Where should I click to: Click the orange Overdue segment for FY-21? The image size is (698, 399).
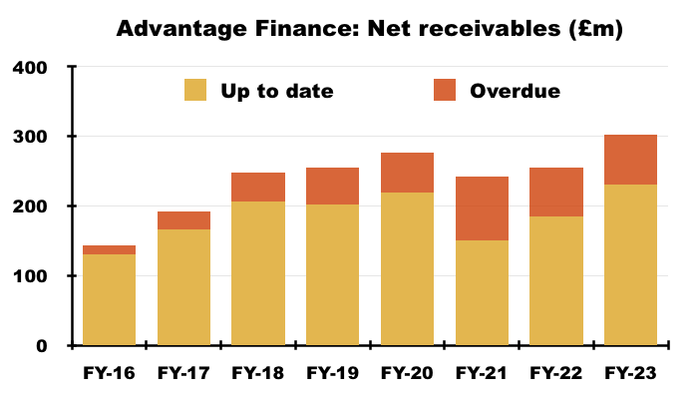482,208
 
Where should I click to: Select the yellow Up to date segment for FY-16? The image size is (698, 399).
109,299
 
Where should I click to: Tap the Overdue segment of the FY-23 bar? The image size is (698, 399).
630,160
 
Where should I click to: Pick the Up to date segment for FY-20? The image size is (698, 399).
407,269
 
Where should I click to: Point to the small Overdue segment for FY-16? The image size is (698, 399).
109,249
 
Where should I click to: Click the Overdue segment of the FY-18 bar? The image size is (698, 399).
258,188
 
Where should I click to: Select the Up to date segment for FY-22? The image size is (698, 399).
556,281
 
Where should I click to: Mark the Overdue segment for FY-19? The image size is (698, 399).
332,187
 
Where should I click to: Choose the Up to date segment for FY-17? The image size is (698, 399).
183,287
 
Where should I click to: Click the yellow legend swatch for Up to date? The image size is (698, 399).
195,90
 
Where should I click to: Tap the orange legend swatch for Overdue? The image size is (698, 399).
445,90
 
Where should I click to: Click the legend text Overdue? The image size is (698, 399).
516,91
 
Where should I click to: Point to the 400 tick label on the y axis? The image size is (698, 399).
29,68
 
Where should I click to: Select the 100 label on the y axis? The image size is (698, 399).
29,276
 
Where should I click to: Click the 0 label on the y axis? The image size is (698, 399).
42,346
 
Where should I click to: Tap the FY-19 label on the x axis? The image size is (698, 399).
332,373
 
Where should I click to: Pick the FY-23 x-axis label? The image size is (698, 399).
630,373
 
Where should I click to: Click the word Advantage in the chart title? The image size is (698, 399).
181,29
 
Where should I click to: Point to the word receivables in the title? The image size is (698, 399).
490,29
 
